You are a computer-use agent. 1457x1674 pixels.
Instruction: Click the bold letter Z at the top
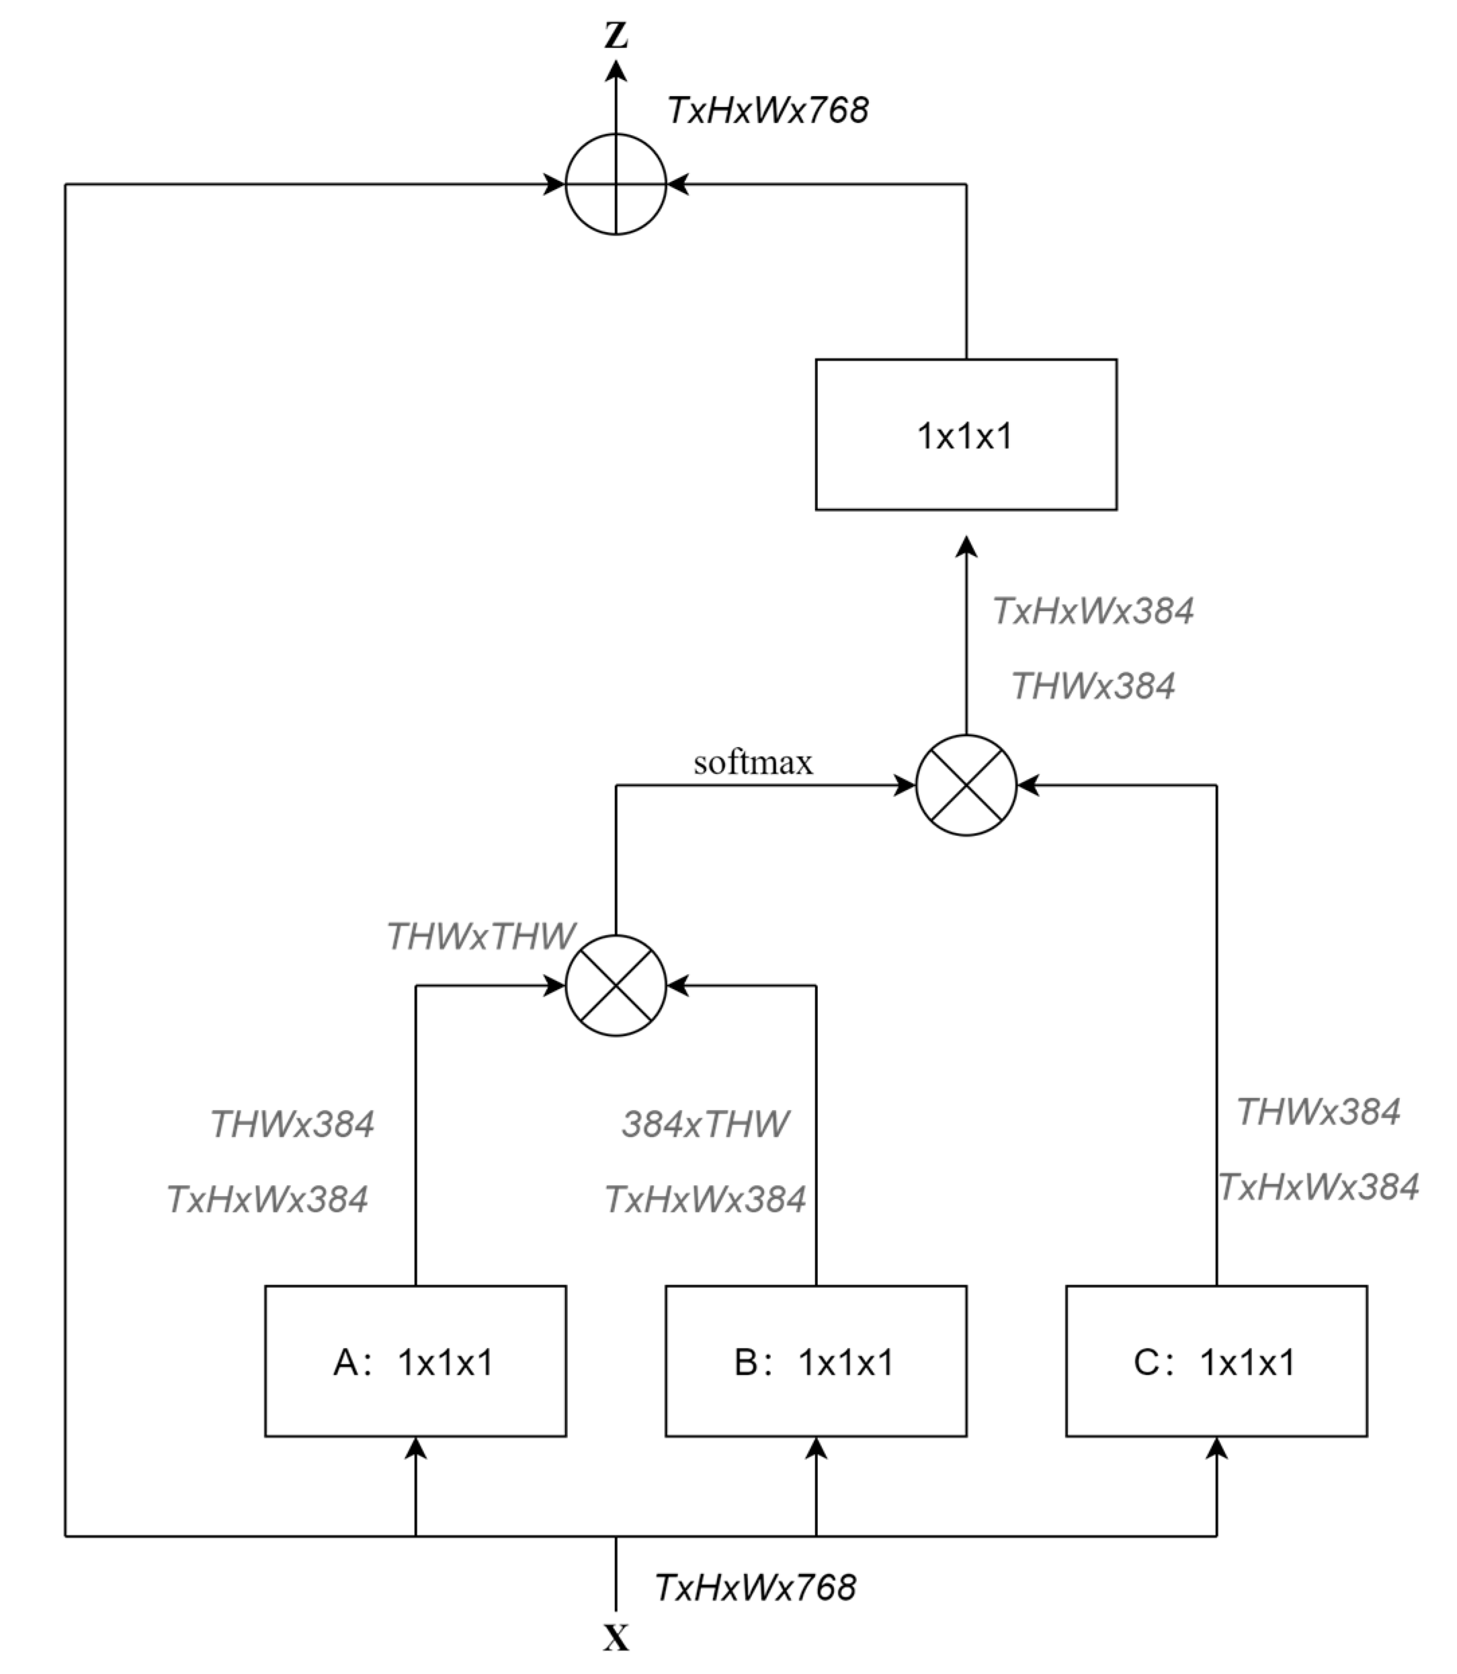pyautogui.click(x=616, y=36)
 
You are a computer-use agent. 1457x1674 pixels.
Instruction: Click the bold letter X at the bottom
pyautogui.click(x=616, y=1638)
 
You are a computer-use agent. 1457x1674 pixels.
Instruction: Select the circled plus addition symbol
pyautogui.click(x=616, y=185)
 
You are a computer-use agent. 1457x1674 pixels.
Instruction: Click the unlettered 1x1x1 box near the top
pyautogui.click(x=966, y=435)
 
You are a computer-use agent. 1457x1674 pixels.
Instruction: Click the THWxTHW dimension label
pyautogui.click(x=481, y=936)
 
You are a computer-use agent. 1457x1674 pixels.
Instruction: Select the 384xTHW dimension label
pyautogui.click(x=705, y=1124)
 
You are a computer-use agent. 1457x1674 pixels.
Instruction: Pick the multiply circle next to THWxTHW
pyautogui.click(x=616, y=986)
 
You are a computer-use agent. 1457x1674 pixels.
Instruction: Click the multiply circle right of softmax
pyautogui.click(x=966, y=785)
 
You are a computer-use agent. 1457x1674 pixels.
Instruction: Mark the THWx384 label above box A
pyautogui.click(x=292, y=1124)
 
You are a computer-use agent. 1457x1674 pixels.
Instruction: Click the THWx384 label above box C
pyautogui.click(x=1318, y=1111)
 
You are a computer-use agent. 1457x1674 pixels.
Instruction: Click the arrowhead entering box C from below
pyautogui.click(x=1216, y=1449)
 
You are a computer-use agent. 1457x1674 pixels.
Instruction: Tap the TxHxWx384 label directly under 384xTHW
pyautogui.click(x=705, y=1199)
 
